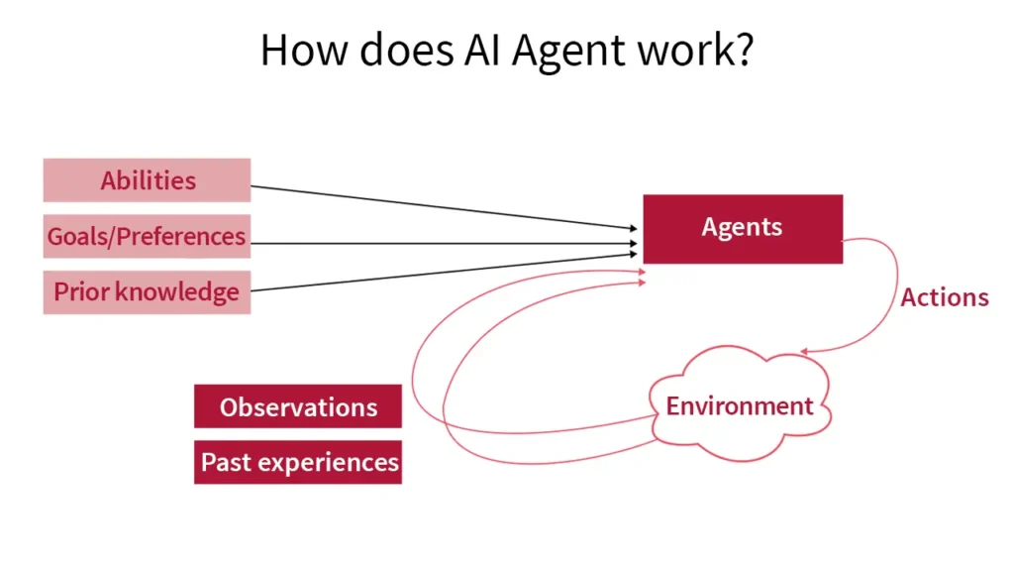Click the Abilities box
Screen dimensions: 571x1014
(x=147, y=180)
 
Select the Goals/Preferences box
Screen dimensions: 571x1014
(x=147, y=236)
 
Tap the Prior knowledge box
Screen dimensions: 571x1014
(x=147, y=291)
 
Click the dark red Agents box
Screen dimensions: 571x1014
(x=743, y=228)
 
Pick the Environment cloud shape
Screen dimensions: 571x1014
(x=740, y=405)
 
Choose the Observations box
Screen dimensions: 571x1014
(x=298, y=406)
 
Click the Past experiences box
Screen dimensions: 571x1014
(x=298, y=462)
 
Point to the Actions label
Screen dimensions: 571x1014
(x=944, y=297)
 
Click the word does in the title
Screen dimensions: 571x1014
(x=401, y=50)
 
